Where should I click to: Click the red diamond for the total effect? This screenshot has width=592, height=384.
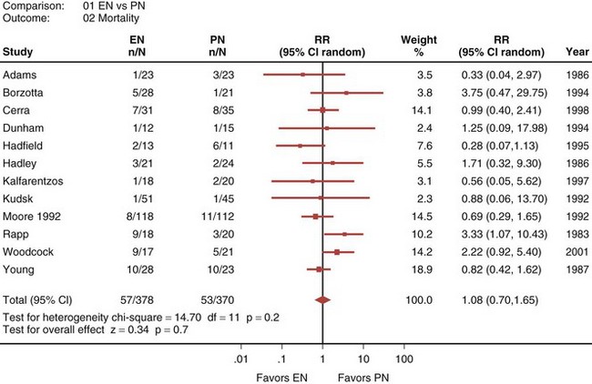click(323, 298)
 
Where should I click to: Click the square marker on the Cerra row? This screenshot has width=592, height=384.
click(322, 110)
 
